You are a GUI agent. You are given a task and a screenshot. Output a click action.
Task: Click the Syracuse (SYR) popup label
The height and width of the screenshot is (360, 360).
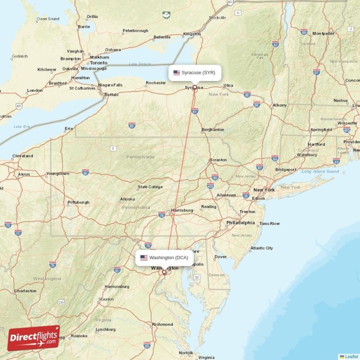[x=195, y=72]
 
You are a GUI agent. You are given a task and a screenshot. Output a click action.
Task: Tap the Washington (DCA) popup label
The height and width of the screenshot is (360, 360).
[x=165, y=258]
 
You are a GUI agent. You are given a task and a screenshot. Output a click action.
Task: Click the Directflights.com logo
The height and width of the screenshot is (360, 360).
[x=34, y=337]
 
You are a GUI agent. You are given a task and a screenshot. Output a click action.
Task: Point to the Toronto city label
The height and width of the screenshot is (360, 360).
[x=99, y=63]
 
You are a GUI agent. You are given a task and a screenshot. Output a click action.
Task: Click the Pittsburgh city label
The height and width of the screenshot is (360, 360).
[x=78, y=202]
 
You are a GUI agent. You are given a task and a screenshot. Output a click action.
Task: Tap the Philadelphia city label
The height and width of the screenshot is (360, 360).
[x=240, y=222]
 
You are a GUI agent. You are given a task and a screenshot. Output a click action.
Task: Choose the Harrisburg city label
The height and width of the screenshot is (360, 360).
[x=182, y=210]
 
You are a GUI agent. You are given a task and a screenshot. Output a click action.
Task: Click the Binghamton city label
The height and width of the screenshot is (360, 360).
[x=213, y=130]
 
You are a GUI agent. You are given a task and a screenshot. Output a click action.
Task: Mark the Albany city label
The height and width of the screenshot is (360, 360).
[x=279, y=105]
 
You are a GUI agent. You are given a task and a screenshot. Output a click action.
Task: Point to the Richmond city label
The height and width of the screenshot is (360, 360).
[x=162, y=324]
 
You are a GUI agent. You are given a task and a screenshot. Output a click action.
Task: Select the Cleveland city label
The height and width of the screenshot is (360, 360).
[x=22, y=156]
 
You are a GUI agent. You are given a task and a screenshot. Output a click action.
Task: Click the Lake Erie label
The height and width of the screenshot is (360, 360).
[x=21, y=127]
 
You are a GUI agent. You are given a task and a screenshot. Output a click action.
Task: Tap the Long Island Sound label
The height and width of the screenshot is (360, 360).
[x=320, y=171]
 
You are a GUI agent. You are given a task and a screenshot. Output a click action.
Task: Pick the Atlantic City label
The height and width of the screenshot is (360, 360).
[x=261, y=248]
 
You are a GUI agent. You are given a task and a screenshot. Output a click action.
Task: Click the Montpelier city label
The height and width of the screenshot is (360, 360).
[x=323, y=33]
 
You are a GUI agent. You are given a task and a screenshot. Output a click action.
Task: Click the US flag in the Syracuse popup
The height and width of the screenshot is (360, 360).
[x=176, y=72]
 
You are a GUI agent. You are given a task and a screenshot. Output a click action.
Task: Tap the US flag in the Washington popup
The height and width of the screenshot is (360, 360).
[x=144, y=258]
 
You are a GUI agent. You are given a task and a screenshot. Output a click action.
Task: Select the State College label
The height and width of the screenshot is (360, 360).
[x=150, y=187]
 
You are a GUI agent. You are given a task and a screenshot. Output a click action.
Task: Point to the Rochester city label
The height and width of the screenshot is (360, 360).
[x=156, y=83]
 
